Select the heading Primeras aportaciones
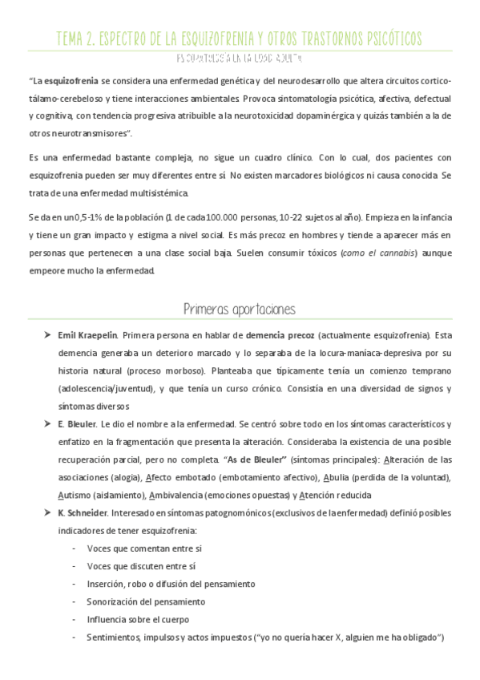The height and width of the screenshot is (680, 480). click(x=240, y=309)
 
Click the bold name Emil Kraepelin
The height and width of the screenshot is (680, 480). click(x=88, y=334)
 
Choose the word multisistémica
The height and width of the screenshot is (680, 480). click(x=153, y=193)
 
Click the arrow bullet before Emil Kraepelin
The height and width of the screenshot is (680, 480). click(x=48, y=334)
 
